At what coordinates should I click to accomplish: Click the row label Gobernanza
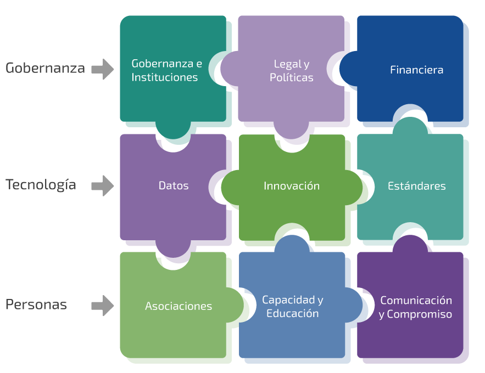point(45,68)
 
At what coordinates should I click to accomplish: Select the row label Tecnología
point(41,185)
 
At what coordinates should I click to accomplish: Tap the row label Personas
point(36,305)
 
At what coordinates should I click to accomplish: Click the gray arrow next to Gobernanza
point(102,69)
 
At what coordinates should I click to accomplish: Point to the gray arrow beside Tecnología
point(102,186)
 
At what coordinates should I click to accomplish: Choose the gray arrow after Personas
point(102,306)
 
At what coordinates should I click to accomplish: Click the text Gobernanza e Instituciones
point(166,70)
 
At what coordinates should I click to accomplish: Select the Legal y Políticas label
point(291,71)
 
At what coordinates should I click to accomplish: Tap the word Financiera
point(416,70)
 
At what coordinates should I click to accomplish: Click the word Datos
point(174,186)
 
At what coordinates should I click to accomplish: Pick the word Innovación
point(292,186)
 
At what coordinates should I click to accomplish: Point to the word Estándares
point(416,186)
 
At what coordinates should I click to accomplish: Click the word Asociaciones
point(179,306)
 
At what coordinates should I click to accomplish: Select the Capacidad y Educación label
point(292,307)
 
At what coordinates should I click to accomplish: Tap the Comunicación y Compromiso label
point(416,307)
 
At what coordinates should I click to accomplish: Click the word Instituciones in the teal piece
point(165,77)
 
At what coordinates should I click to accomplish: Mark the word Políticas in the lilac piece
point(292,78)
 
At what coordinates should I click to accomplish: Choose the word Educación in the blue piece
point(292,314)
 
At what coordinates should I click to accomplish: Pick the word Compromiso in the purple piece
point(420,314)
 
